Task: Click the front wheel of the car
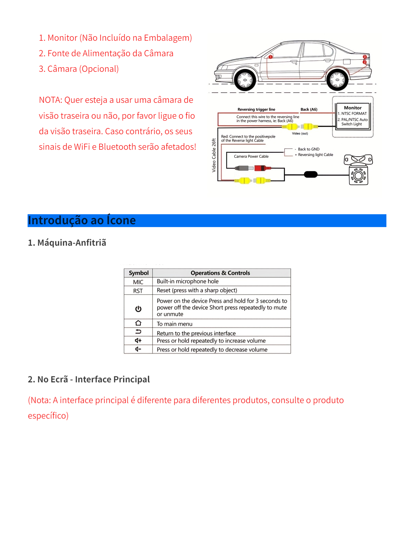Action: pyautogui.click(x=245, y=80)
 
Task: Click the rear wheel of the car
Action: pyautogui.click(x=337, y=80)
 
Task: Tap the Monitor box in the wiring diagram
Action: pyautogui.click(x=353, y=116)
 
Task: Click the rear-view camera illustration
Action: pyautogui.click(x=358, y=170)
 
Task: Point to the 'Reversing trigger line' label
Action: pyautogui.click(x=256, y=109)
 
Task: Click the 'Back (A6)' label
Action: pyautogui.click(x=309, y=109)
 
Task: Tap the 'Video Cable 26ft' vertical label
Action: pyautogui.click(x=214, y=155)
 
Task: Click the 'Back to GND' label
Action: pyautogui.click(x=308, y=149)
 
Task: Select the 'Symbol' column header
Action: pyautogui.click(x=138, y=273)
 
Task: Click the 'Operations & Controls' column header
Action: pyautogui.click(x=220, y=273)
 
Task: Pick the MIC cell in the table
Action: pyautogui.click(x=138, y=282)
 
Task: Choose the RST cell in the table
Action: pyautogui.click(x=138, y=291)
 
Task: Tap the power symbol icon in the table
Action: pyautogui.click(x=138, y=309)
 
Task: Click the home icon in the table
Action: pyautogui.click(x=138, y=323)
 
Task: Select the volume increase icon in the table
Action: pyautogui.click(x=138, y=341)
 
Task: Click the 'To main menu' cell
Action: pyautogui.click(x=175, y=324)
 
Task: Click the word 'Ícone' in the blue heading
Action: pyautogui.click(x=121, y=220)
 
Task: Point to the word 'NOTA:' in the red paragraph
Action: pyautogui.click(x=51, y=100)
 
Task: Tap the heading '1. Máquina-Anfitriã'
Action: pyautogui.click(x=67, y=243)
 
